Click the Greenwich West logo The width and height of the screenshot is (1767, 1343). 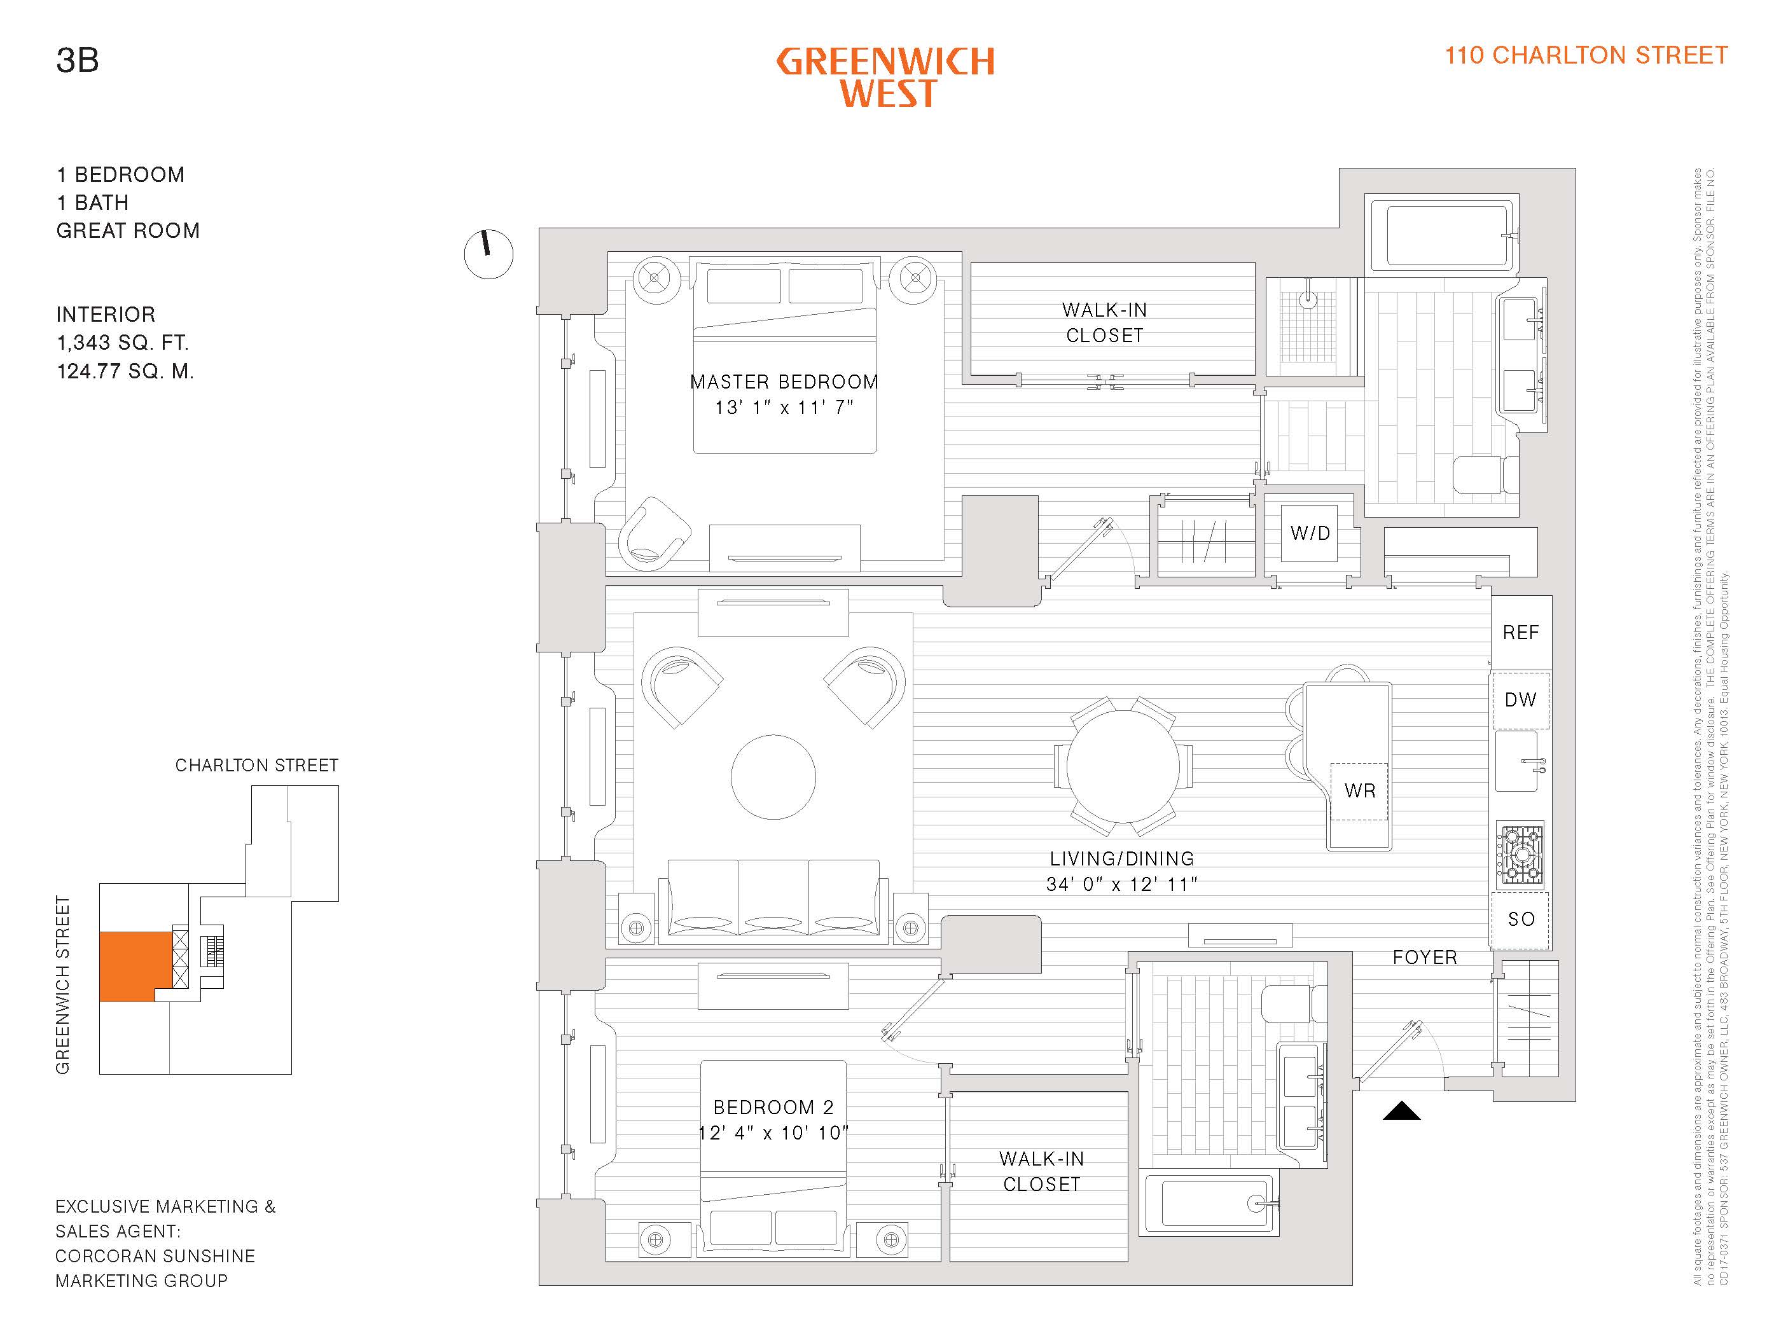(x=886, y=78)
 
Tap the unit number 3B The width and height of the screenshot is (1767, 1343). (x=78, y=60)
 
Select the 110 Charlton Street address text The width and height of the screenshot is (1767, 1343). (x=1586, y=55)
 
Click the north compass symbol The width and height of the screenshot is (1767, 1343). (x=488, y=254)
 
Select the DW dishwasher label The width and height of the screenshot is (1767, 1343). (x=1520, y=700)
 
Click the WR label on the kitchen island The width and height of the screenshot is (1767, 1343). (x=1359, y=790)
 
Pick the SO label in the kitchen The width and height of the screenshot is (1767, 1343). (x=1521, y=919)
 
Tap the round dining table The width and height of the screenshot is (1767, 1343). (x=1122, y=766)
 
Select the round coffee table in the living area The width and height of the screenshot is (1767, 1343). (x=773, y=777)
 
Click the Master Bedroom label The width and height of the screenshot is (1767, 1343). (x=784, y=382)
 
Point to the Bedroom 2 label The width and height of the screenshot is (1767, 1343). (x=773, y=1107)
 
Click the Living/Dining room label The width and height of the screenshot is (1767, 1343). (x=1122, y=858)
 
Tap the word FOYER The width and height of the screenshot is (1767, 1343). (x=1424, y=958)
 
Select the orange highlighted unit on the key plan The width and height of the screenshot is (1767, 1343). (x=134, y=966)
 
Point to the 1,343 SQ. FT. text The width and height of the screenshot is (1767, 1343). (x=122, y=343)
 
